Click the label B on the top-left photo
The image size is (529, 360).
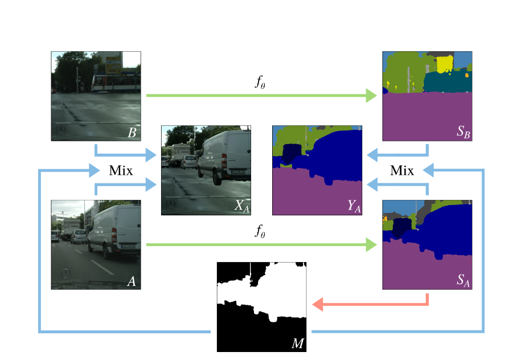tap(132, 133)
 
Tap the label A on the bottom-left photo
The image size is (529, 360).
tap(132, 281)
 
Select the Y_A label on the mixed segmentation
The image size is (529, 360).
tap(354, 207)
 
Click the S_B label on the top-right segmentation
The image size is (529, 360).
tap(463, 133)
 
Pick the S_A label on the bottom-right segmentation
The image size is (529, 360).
tap(463, 281)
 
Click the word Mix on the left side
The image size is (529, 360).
tap(120, 170)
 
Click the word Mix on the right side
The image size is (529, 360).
tap(401, 170)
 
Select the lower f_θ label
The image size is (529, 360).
tap(260, 231)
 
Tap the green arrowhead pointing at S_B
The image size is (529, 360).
tap(371, 96)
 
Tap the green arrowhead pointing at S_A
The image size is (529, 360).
tap(371, 245)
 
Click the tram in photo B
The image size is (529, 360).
tap(116, 83)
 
